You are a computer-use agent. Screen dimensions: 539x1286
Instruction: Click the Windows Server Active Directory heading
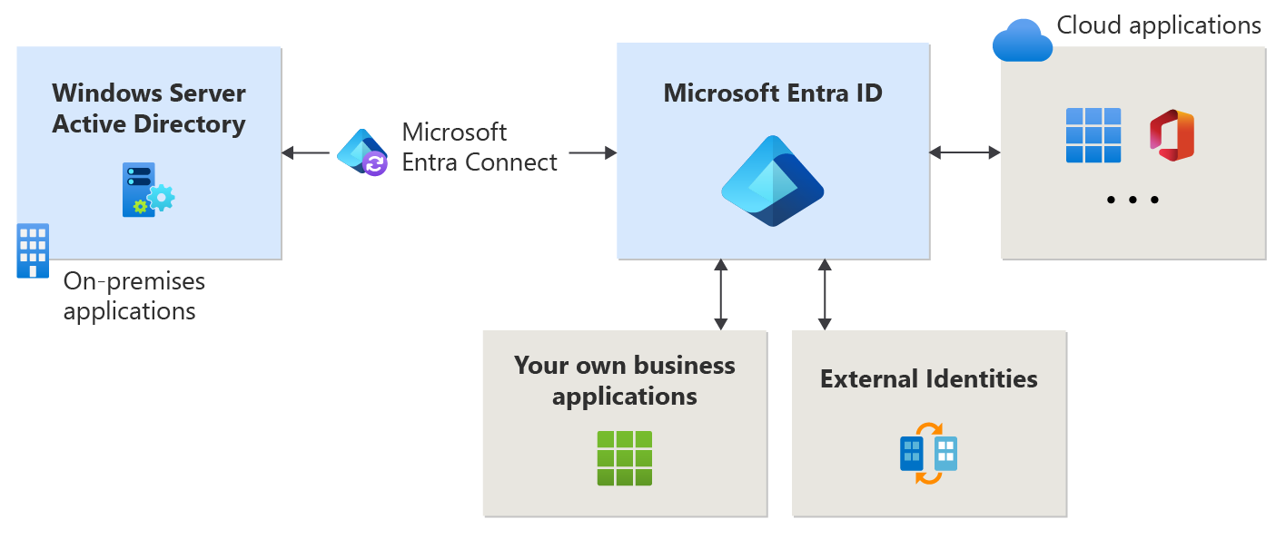coord(149,108)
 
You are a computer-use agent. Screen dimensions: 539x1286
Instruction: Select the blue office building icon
coord(34,250)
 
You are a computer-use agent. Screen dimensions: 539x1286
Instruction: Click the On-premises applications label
coord(134,296)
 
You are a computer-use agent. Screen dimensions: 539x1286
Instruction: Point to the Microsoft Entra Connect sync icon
coord(362,152)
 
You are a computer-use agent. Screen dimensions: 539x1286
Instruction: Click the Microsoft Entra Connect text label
coord(480,147)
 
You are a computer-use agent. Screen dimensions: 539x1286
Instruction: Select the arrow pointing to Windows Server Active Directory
coord(305,152)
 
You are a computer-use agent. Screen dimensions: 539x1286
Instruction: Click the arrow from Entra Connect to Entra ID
coord(593,152)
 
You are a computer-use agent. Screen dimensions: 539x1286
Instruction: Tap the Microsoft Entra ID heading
coord(773,93)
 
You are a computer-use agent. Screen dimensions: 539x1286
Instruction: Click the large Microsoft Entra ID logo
coord(772,181)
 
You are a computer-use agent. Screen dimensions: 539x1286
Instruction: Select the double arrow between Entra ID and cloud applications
coord(964,152)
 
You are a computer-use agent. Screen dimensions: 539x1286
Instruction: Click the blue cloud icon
coord(1022,40)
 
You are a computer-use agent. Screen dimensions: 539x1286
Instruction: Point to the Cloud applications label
coord(1159,24)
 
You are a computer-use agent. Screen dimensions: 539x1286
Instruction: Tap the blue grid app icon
coord(1093,135)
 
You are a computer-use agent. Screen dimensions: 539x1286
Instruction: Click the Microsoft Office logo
coord(1171,135)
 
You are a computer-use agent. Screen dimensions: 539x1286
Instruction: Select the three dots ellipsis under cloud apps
coord(1133,200)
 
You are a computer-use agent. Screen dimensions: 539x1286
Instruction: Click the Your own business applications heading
coord(625,380)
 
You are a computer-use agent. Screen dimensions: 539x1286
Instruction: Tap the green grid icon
coord(625,458)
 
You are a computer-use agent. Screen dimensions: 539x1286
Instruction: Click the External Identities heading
coord(928,378)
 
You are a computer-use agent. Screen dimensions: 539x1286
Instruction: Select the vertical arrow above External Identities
coord(825,294)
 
